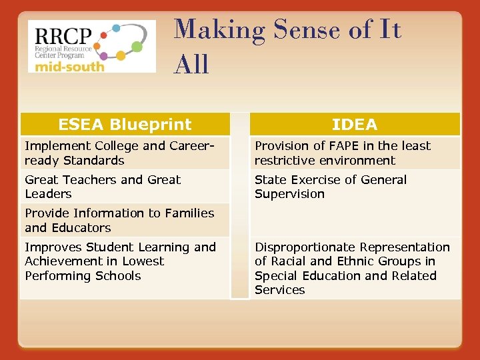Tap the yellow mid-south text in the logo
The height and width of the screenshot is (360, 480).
point(69,66)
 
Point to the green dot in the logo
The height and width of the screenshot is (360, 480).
point(137,46)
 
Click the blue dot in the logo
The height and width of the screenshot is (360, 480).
point(116,29)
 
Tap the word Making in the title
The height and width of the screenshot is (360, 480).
point(212,30)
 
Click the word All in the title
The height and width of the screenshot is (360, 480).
point(191,64)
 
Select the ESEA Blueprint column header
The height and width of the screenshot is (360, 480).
point(125,124)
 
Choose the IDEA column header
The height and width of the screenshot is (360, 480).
point(355,124)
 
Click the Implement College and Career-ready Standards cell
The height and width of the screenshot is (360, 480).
point(125,153)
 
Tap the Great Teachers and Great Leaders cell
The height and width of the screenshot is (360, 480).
point(125,187)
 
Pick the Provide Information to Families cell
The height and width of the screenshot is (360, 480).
point(125,220)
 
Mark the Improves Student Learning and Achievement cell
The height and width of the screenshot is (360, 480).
point(125,261)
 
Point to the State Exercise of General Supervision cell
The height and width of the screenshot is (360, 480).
point(355,187)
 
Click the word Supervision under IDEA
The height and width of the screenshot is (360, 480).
point(289,194)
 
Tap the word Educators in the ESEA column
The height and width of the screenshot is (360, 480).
point(83,227)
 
